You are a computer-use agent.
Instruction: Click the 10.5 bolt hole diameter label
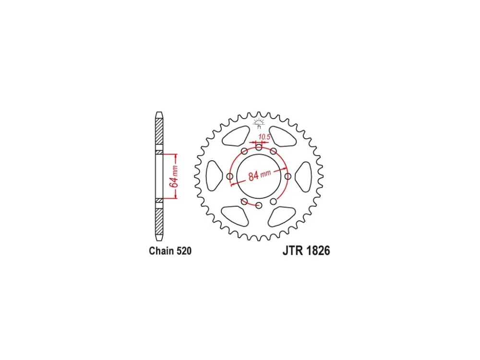point(264,136)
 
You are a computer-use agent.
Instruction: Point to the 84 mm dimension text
point(260,175)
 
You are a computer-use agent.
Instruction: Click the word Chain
point(160,251)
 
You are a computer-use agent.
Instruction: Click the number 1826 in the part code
point(318,251)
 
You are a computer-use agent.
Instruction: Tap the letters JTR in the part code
point(293,251)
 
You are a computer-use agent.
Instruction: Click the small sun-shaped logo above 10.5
point(259,123)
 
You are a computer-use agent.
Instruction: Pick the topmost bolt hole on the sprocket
point(259,147)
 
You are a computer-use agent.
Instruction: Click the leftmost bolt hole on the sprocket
point(230,176)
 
